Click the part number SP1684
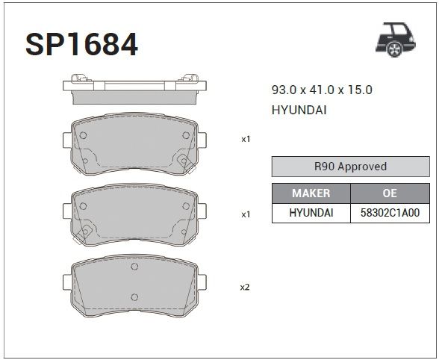pos(81,44)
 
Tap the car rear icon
pos(396,40)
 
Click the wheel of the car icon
pos(394,49)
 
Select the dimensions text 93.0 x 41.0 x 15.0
pos(322,90)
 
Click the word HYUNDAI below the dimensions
pos(299,110)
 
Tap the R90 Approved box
pos(351,167)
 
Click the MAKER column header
pos(311,193)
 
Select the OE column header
pos(390,193)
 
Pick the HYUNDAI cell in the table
pos(311,213)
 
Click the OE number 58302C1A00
pos(390,213)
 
